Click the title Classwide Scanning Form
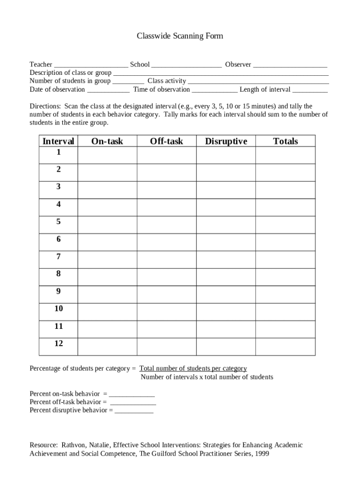[x=180, y=36]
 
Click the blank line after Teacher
[x=91, y=65]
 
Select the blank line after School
[x=187, y=65]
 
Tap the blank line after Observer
[x=290, y=65]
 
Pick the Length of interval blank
[x=310, y=90]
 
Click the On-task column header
[x=107, y=141]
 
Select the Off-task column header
[x=166, y=141]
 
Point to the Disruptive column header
[x=226, y=141]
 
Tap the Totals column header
[x=285, y=141]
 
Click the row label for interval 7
[x=58, y=256]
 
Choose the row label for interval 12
[x=58, y=343]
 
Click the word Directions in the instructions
[x=45, y=106]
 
